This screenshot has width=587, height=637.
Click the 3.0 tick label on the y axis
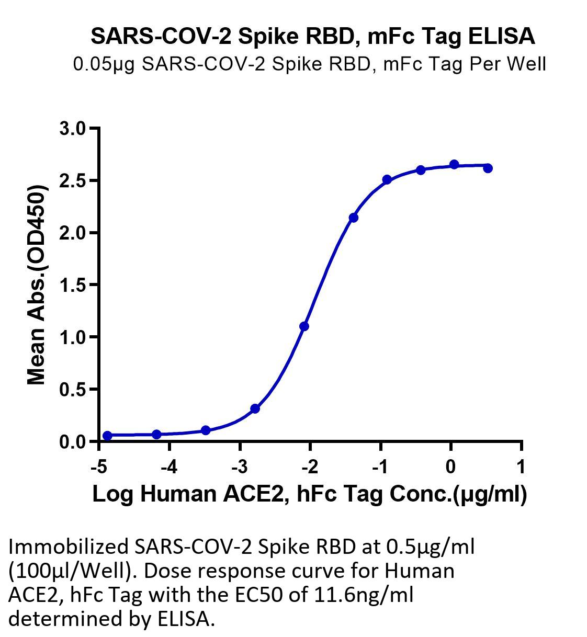pos(73,129)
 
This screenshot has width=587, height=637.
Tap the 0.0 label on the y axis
pos(73,442)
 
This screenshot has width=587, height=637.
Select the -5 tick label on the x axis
pos(98,467)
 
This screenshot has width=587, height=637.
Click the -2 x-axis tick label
pos(310,467)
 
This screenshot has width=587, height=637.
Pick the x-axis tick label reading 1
pos(521,467)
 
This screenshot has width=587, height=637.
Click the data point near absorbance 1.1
pos(304,326)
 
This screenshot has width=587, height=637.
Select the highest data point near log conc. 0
pos(454,165)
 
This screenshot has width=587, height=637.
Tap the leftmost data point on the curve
pos(107,436)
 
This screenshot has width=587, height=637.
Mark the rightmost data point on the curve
pos(488,168)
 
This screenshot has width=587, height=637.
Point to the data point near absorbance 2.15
pos(354,218)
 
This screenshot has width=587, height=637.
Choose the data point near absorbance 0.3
pos(255,408)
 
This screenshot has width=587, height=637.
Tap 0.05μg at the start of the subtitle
pos(104,64)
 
